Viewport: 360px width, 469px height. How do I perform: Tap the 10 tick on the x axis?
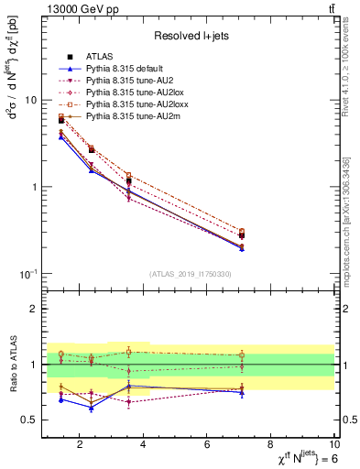[x=334, y=446]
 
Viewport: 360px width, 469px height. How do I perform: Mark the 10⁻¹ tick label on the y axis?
[x=28, y=274]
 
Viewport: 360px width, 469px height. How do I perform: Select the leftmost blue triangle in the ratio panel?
[x=61, y=399]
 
